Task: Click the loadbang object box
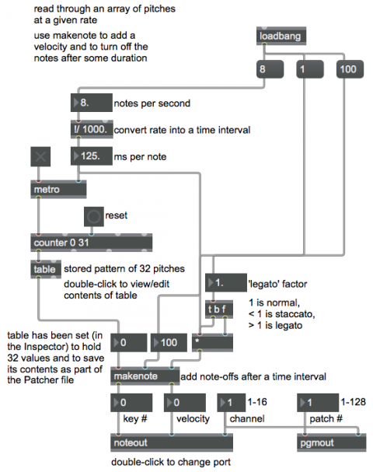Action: pyautogui.click(x=281, y=36)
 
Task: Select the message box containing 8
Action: pyautogui.click(x=270, y=69)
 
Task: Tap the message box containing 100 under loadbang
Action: pyautogui.click(x=350, y=69)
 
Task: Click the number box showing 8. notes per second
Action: pyautogui.click(x=92, y=103)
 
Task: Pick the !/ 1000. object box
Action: pyautogui.click(x=92, y=129)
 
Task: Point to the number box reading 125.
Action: pyautogui.click(x=92, y=156)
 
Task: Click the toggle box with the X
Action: pyautogui.click(x=40, y=156)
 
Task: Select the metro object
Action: pyautogui.click(x=58, y=189)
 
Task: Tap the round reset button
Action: pyautogui.click(x=94, y=216)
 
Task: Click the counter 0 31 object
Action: pyautogui.click(x=92, y=243)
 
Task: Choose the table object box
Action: pyautogui.click(x=46, y=269)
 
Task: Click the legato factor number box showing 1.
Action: pyautogui.click(x=226, y=283)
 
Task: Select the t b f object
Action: pyautogui.click(x=219, y=309)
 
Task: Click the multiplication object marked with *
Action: pyautogui.click(x=212, y=343)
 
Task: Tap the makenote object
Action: pyautogui.click(x=145, y=376)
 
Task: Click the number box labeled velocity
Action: pyautogui.click(x=185, y=403)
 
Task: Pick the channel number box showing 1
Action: pyautogui.click(x=231, y=403)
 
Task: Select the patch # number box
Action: pyautogui.click(x=318, y=403)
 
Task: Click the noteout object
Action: pyautogui.click(x=172, y=442)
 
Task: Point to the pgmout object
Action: pyautogui.click(x=332, y=442)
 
